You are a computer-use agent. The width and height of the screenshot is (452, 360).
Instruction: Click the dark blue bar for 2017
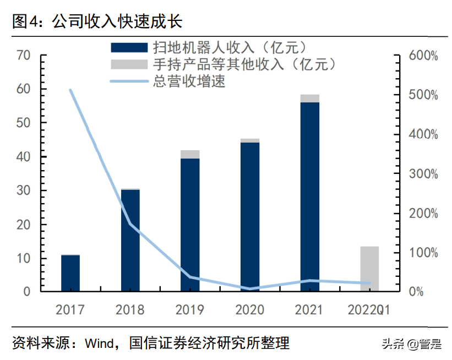pos(70,273)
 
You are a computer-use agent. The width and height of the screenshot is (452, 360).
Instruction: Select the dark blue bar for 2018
pos(130,240)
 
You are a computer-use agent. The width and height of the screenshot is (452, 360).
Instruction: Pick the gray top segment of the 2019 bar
pos(190,154)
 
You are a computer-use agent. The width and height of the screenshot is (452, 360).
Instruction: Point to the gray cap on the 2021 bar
pos(310,99)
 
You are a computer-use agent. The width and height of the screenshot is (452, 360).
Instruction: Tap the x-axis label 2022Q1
pos(369,310)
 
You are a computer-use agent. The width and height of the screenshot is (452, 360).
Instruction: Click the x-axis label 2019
pos(190,310)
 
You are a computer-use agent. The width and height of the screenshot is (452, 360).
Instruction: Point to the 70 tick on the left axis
pos(23,56)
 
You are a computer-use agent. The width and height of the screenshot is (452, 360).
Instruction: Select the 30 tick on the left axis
pos(23,192)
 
